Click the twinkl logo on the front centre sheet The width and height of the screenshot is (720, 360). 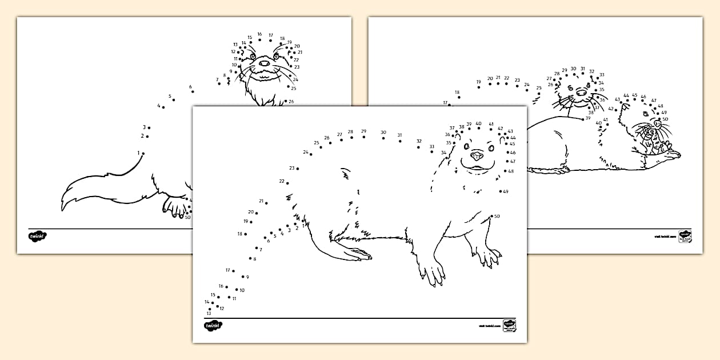[213, 325]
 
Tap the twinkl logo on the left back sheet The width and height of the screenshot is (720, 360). [37, 235]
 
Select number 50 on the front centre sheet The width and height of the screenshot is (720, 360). [497, 216]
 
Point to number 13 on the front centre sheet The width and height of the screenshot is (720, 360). [209, 313]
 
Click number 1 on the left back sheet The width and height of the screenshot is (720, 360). [138, 153]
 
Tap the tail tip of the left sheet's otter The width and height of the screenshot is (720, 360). [63, 205]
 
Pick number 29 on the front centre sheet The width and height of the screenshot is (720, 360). [363, 131]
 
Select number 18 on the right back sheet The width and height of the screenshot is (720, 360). [457, 92]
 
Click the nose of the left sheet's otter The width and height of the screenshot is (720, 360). [264, 63]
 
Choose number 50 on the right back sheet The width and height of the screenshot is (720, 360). [665, 119]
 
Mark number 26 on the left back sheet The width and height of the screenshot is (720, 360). [291, 102]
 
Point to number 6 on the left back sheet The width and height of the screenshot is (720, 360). [190, 87]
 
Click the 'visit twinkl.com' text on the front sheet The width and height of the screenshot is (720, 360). [489, 326]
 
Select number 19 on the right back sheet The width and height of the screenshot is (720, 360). [478, 82]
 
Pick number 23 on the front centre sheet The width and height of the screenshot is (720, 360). [291, 168]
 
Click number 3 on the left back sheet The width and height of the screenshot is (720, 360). [144, 127]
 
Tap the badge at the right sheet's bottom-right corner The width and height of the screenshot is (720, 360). [685, 236]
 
